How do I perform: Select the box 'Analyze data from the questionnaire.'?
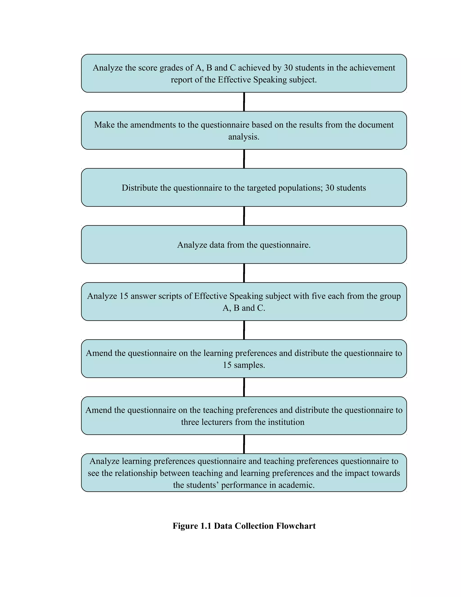coord(244,245)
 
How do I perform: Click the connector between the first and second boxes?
coord(244,102)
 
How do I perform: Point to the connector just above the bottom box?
coord(244,444)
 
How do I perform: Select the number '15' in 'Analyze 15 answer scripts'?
coord(124,296)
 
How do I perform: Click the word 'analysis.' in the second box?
coord(244,137)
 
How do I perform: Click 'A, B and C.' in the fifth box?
coord(244,308)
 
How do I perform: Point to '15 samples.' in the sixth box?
coord(244,365)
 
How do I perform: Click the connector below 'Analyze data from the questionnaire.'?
coord(244,273)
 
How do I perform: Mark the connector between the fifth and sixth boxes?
coord(244,330)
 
